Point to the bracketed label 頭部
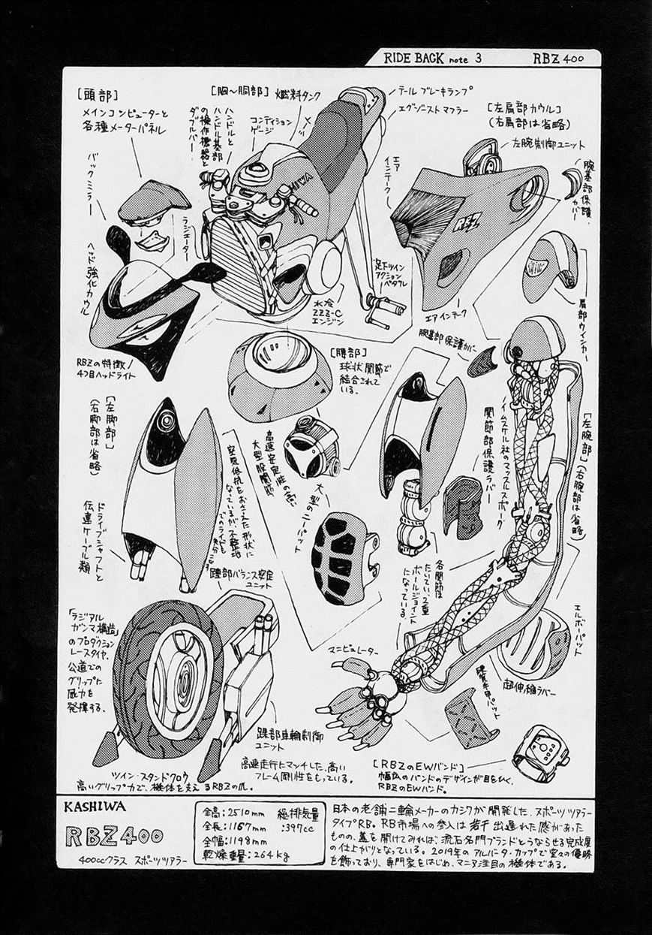97,95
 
